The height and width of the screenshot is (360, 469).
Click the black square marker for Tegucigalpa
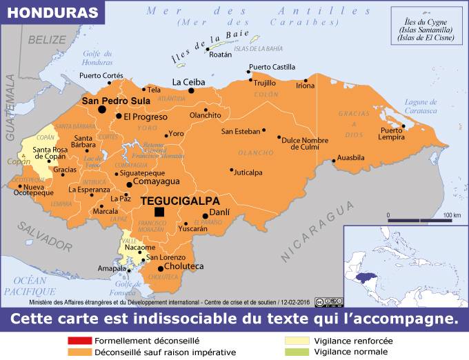click(x=160, y=212)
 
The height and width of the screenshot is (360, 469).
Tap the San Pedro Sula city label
click(x=116, y=101)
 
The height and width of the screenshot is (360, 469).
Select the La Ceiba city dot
click(x=192, y=90)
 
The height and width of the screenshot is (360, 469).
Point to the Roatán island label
click(x=221, y=54)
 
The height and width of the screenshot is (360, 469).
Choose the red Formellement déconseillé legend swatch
click(x=79, y=341)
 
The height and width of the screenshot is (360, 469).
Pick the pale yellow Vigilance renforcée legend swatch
click(x=298, y=341)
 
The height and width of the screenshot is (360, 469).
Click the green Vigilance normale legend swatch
click(x=298, y=352)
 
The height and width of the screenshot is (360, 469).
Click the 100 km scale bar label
click(x=452, y=215)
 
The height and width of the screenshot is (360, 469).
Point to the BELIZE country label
click(x=46, y=39)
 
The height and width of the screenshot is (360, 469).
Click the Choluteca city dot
click(x=161, y=268)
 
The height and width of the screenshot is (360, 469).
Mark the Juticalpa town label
click(x=248, y=172)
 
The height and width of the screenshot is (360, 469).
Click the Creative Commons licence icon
click(x=328, y=302)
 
